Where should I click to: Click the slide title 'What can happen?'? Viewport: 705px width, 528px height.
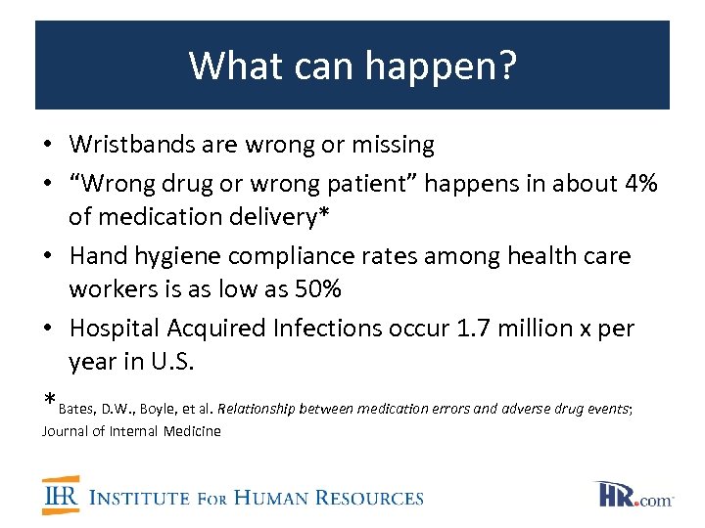(352, 66)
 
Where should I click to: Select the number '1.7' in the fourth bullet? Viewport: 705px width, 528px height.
(473, 328)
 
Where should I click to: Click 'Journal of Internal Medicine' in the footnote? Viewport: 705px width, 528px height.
(131, 430)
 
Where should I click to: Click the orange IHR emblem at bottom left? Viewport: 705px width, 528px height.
(60, 497)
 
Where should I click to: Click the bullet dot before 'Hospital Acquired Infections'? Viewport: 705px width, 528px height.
(48, 329)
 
